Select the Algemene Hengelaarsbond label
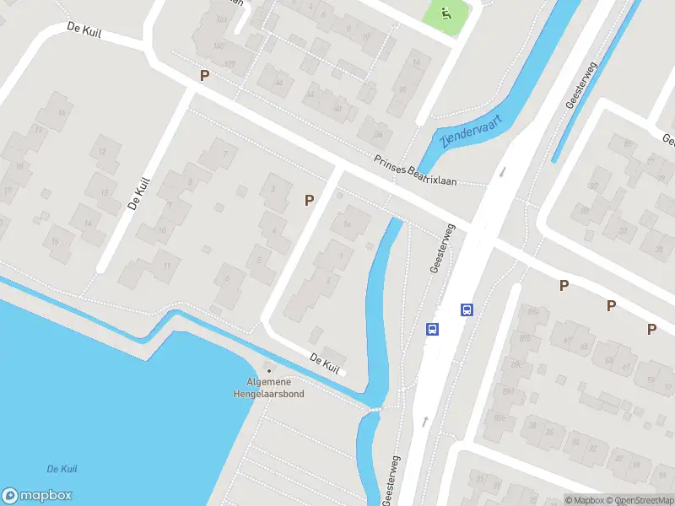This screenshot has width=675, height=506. pos(269,388)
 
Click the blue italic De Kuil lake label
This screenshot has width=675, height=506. pos(63,469)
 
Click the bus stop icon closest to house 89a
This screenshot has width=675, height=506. pos(466,310)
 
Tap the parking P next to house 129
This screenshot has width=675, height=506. pos(203,76)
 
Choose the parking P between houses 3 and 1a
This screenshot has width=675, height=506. pos(310,200)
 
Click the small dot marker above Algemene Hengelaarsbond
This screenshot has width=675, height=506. pos(269,370)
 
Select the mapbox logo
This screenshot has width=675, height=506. pos(37,496)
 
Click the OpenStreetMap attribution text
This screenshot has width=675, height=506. pos(639,500)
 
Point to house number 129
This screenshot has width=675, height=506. pos(229,64)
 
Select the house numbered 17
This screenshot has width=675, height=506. pos(38,130)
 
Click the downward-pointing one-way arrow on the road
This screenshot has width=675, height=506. pos(501,172)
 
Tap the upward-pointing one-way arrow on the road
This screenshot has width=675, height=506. pos(424,419)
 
